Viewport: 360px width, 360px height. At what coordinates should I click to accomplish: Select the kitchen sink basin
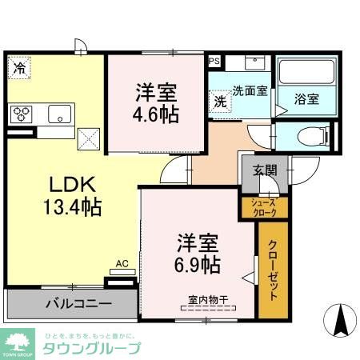coord(58,114)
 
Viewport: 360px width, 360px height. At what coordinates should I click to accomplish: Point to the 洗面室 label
coord(250,91)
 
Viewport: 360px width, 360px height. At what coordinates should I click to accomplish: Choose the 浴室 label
coord(306,99)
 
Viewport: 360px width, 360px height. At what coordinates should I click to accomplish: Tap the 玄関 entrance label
coord(266,170)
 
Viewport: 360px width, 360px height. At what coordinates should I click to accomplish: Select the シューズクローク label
coord(264,207)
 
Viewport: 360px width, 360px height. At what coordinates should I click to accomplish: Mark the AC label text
coord(122,262)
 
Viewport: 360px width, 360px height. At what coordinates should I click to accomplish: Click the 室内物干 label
coord(208,301)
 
